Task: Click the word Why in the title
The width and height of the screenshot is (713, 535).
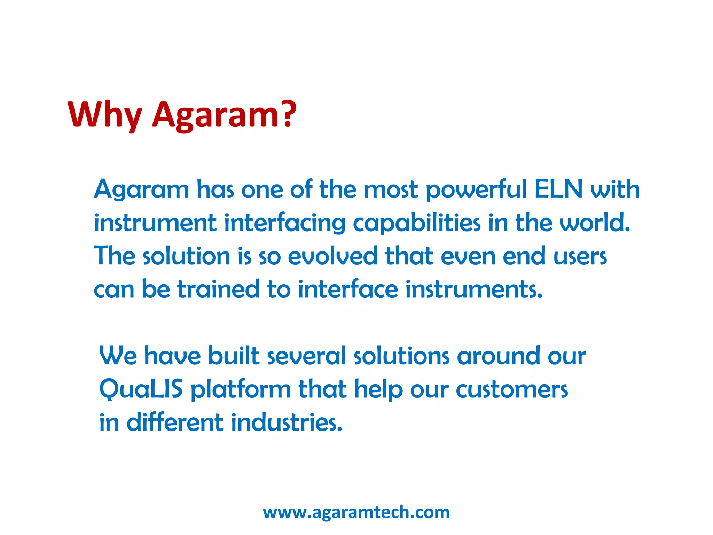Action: (104, 115)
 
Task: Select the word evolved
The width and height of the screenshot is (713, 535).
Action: (333, 256)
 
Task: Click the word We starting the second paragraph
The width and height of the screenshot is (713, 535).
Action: (118, 356)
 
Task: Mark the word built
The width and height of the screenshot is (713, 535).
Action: (234, 356)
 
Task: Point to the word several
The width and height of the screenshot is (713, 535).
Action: (306, 356)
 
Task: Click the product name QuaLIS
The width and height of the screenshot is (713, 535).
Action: (141, 389)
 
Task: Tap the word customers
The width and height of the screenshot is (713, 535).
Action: (512, 389)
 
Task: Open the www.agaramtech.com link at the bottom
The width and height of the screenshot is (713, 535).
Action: (356, 512)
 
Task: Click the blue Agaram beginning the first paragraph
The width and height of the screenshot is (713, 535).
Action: (141, 190)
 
